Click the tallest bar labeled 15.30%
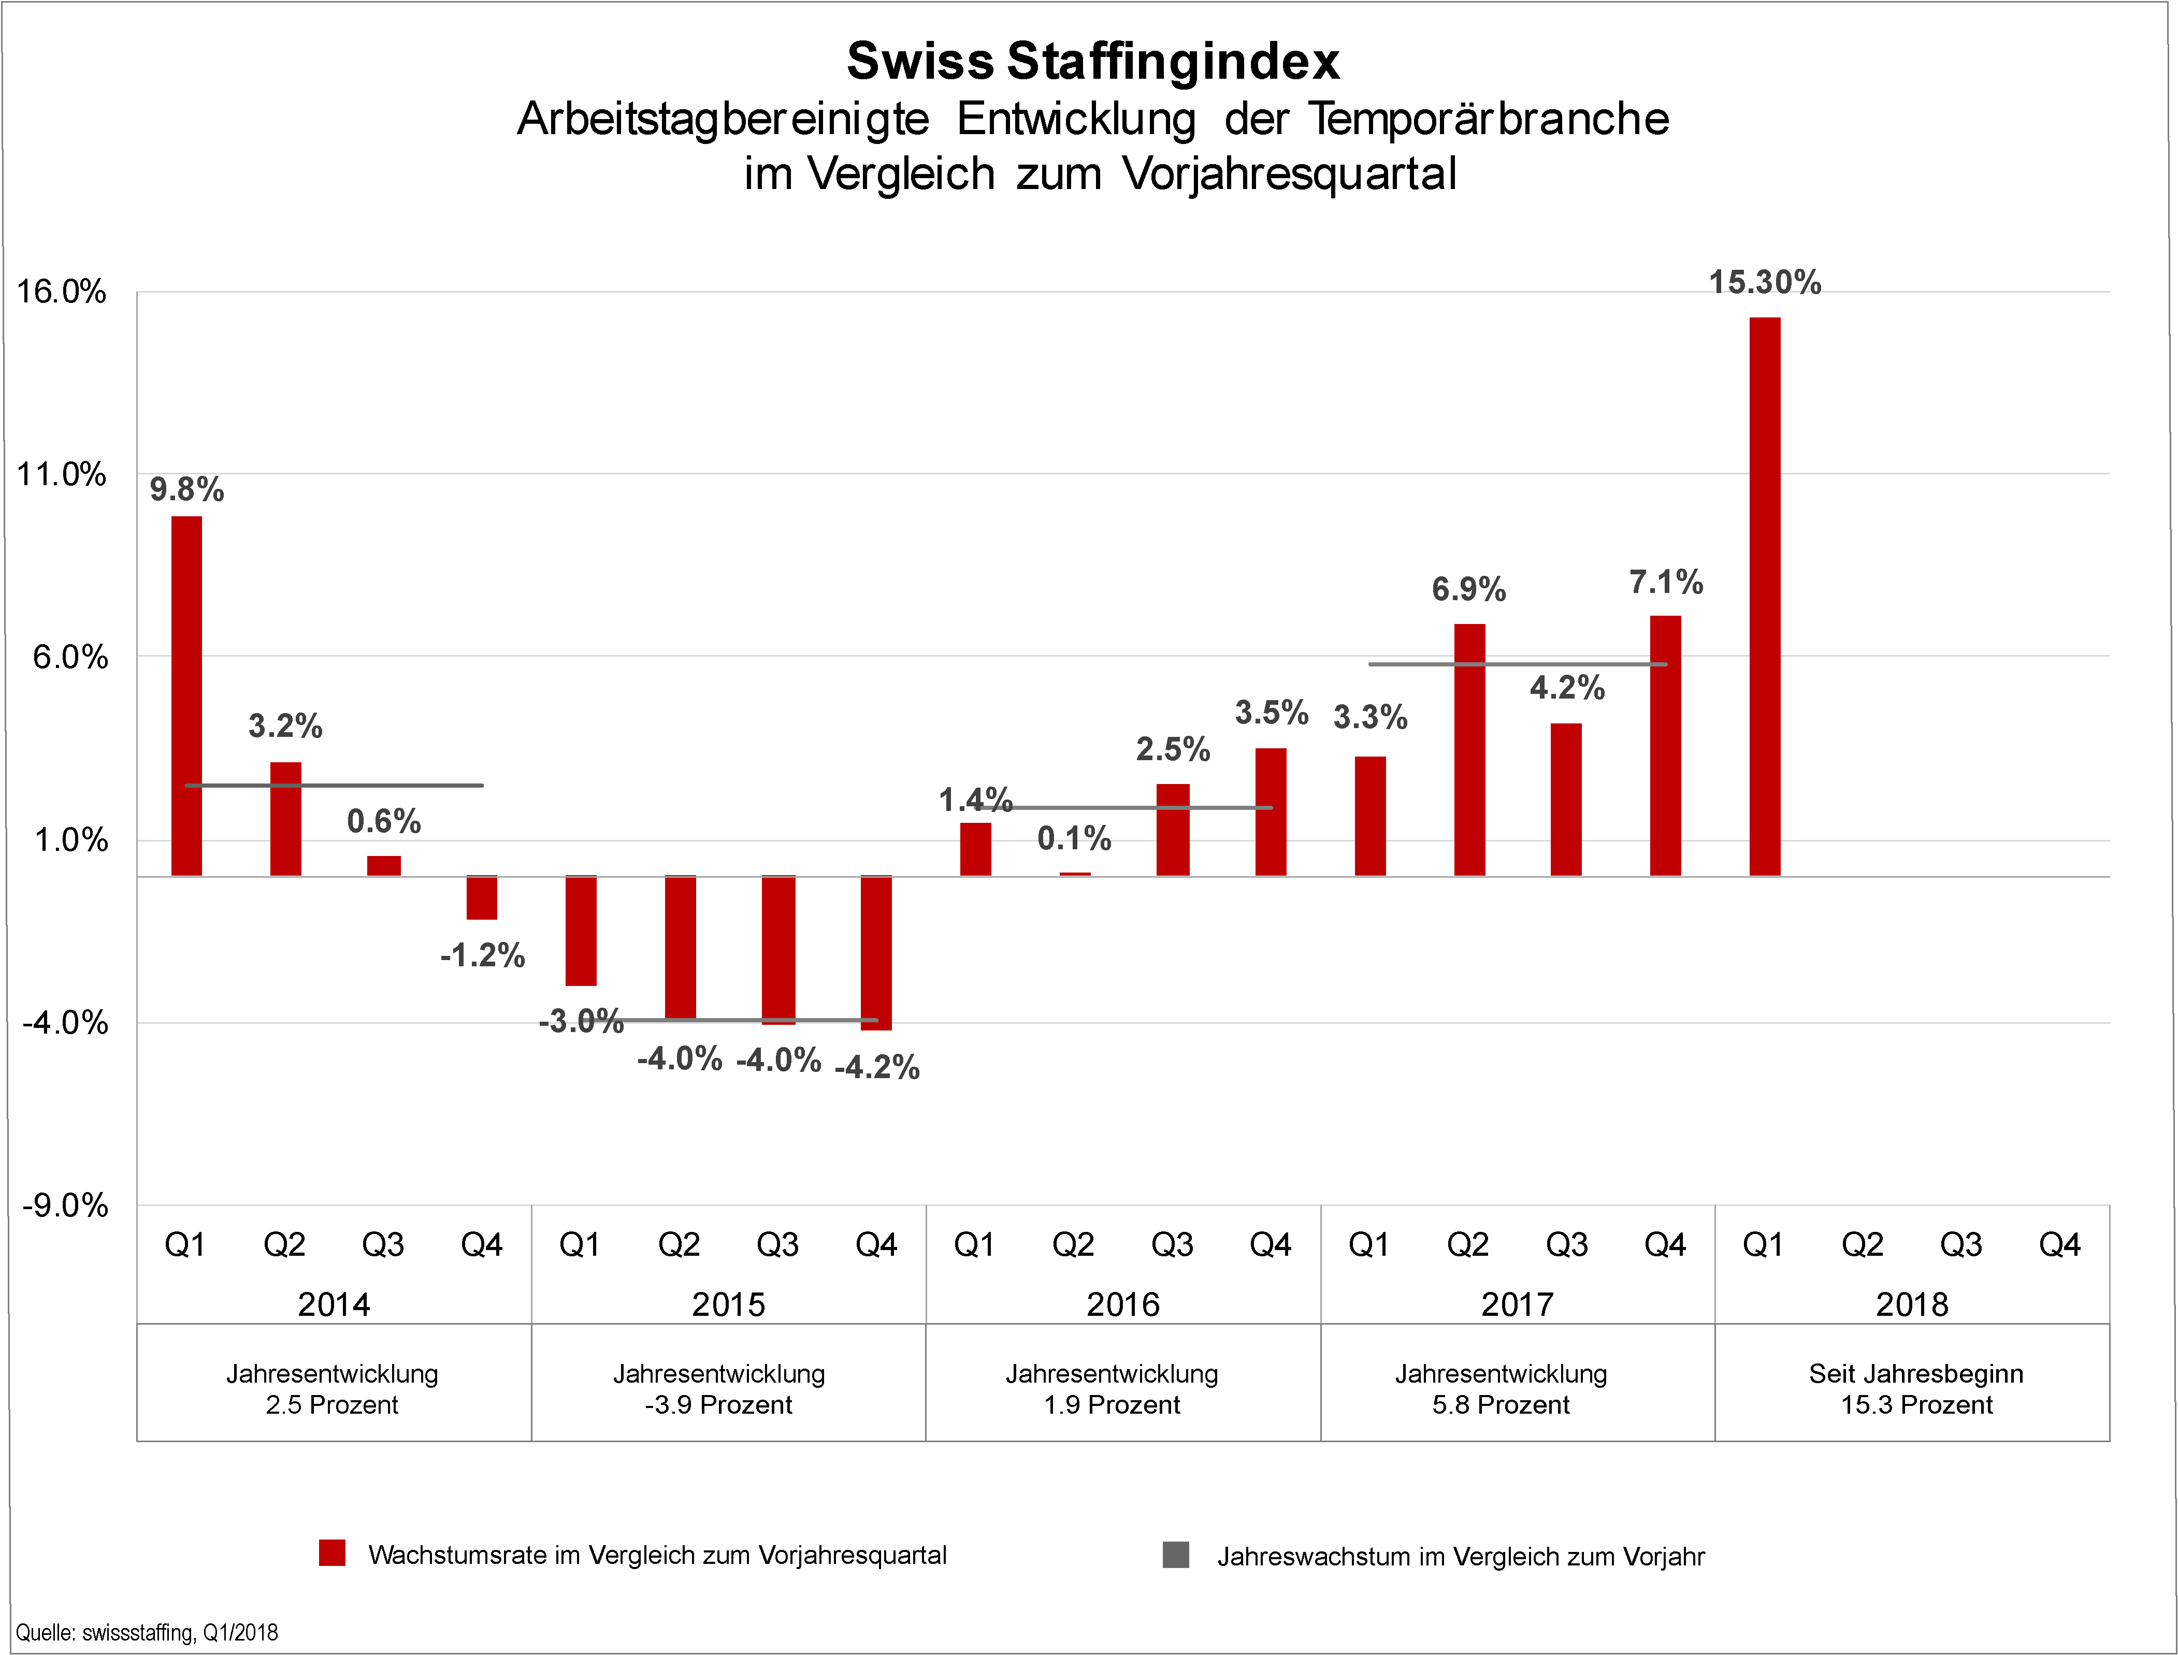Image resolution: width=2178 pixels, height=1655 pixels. click(x=1764, y=596)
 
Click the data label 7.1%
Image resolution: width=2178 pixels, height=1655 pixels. click(x=1666, y=582)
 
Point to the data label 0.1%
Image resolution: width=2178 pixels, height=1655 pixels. click(x=1074, y=838)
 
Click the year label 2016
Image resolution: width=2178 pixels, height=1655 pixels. click(x=1123, y=1304)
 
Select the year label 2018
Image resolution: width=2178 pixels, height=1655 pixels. click(x=1912, y=1304)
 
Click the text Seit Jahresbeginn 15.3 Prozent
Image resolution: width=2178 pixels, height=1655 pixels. click(x=1916, y=1389)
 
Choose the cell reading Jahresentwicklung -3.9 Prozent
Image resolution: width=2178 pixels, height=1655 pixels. click(x=719, y=1389)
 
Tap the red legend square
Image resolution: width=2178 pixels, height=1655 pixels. click(x=332, y=1552)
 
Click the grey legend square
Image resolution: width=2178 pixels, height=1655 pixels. click(x=1175, y=1555)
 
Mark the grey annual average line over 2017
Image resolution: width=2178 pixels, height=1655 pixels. click(x=1517, y=664)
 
